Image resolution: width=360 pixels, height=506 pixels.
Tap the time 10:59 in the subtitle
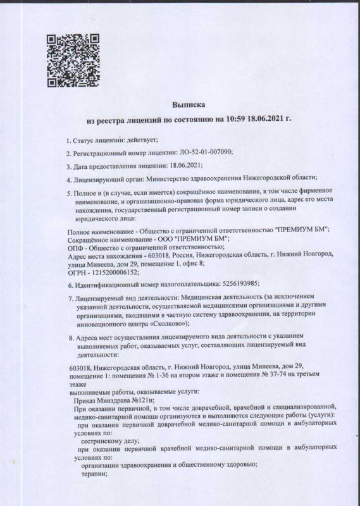click(237, 118)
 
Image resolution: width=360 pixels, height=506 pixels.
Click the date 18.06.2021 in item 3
click(185, 166)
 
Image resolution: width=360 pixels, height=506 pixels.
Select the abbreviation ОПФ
click(75, 247)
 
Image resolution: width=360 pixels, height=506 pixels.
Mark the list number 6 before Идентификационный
click(69, 283)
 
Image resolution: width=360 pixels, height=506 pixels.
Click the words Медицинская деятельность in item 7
click(221, 297)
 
